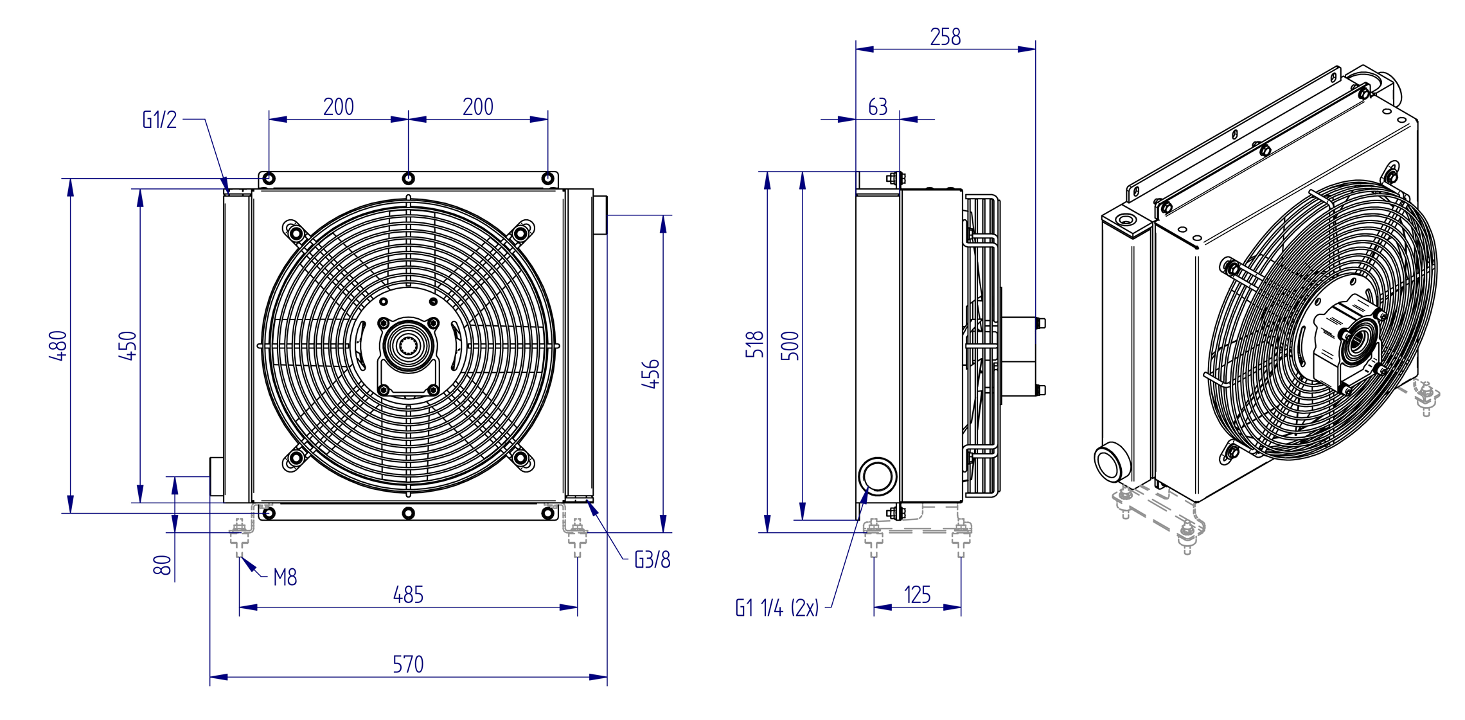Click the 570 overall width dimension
pyautogui.click(x=408, y=664)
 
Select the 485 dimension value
pyautogui.click(x=408, y=595)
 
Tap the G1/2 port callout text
pyautogui.click(x=159, y=120)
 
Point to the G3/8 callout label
pyautogui.click(x=652, y=560)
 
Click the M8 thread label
pyautogui.click(x=285, y=577)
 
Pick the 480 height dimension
pyautogui.click(x=58, y=345)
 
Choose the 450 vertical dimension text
pyautogui.click(x=128, y=345)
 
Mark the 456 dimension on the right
pyautogui.click(x=651, y=373)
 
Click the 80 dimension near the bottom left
pyautogui.click(x=163, y=565)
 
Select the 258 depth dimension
pyautogui.click(x=945, y=37)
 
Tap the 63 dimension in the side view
pyautogui.click(x=878, y=107)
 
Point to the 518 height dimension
pyautogui.click(x=755, y=345)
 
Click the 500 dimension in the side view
pyautogui.click(x=790, y=345)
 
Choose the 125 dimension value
pyautogui.click(x=917, y=595)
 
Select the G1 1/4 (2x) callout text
pyautogui.click(x=777, y=607)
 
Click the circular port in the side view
pyautogui.click(x=878, y=476)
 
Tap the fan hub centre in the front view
pyautogui.click(x=409, y=346)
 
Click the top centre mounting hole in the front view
pyautogui.click(x=409, y=178)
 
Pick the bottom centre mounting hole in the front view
pyautogui.click(x=409, y=513)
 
